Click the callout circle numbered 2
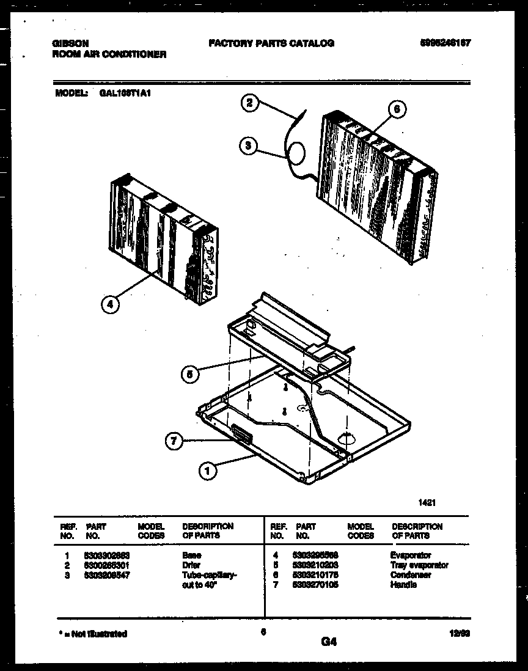(248, 103)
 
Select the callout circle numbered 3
(248, 145)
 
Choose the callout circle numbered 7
(175, 441)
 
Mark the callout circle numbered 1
(208, 471)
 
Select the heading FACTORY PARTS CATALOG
(271, 43)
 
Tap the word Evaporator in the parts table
(410, 555)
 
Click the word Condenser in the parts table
(410, 575)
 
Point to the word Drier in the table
(191, 565)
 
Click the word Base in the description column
(191, 555)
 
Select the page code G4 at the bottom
(328, 642)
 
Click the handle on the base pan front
(241, 434)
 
